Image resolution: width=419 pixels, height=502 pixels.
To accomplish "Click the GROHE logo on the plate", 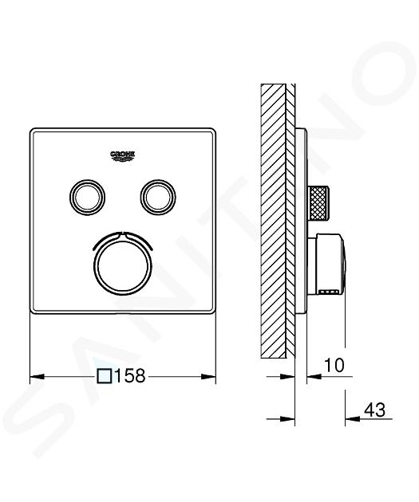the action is click(x=122, y=155).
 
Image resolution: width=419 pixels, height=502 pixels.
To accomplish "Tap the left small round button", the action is click(x=87, y=197).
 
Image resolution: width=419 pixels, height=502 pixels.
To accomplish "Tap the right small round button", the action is click(x=158, y=197).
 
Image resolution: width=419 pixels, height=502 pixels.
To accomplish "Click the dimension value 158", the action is click(x=130, y=376).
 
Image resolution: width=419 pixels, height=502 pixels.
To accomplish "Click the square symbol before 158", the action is click(x=105, y=376).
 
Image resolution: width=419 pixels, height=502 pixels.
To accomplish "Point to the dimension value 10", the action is click(x=334, y=365).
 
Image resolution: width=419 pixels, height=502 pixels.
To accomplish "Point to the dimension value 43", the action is click(x=374, y=410).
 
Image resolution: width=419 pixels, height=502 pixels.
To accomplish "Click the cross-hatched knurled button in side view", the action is click(x=318, y=203).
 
